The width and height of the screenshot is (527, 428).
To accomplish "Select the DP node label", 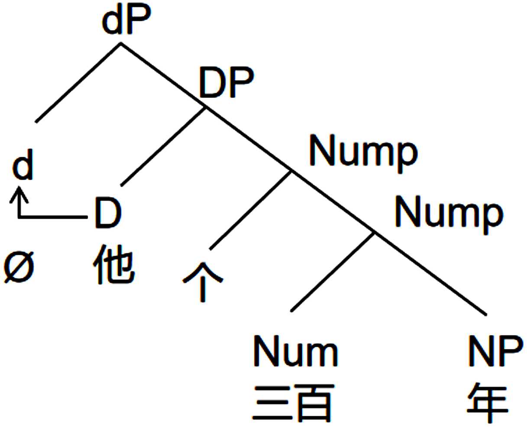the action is pyautogui.click(x=226, y=82).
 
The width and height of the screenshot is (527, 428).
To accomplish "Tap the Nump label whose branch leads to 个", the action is pyautogui.click(x=363, y=152).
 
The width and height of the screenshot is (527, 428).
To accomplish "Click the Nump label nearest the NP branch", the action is pyautogui.click(x=449, y=213).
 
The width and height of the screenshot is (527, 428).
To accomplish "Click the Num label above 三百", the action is pyautogui.click(x=295, y=352).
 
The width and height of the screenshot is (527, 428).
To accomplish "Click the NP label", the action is pyautogui.click(x=495, y=352).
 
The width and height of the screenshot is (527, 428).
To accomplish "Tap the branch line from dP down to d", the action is pyautogui.click(x=78, y=82).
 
